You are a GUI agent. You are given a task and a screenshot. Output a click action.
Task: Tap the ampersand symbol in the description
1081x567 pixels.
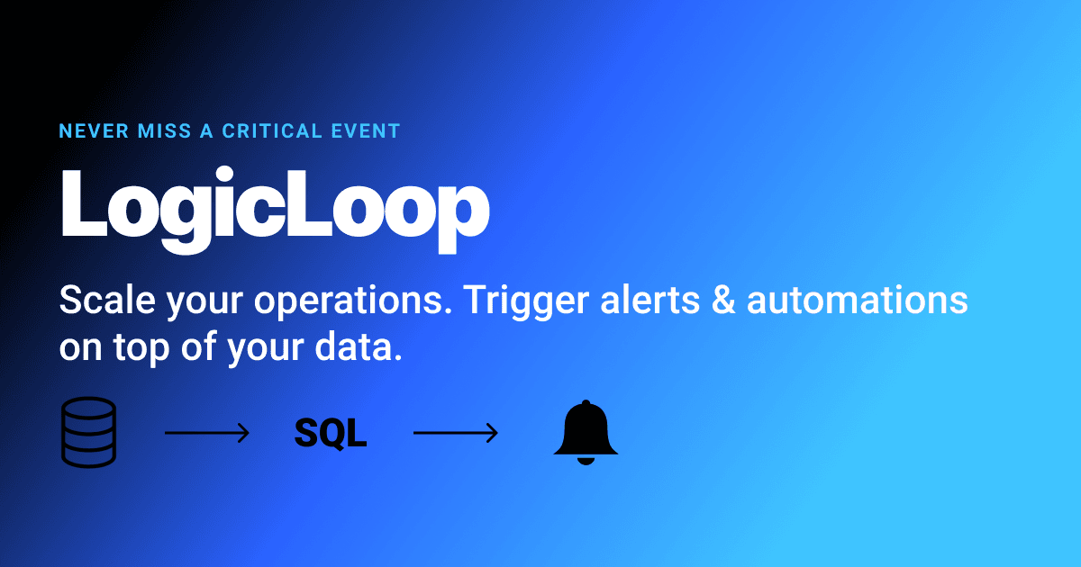point(727,301)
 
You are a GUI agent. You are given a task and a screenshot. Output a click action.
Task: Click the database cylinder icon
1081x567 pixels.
point(88,433)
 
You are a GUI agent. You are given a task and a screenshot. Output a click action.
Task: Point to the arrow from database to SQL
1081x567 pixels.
point(206,434)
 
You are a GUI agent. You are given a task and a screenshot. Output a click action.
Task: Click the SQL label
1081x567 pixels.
point(331,434)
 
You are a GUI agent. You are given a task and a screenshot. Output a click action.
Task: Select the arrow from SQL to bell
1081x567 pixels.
point(455,434)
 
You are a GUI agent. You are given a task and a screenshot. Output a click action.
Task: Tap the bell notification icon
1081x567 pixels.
point(586,432)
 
